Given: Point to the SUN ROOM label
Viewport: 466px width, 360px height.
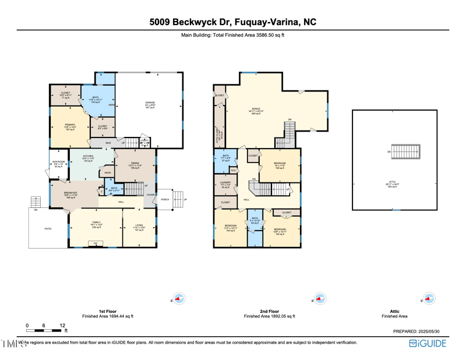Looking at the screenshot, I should tap(59, 164).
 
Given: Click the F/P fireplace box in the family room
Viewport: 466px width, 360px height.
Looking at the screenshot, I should tap(96, 243).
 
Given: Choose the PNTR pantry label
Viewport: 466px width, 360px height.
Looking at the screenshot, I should tap(107, 173).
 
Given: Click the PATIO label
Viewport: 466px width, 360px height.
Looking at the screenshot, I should tap(48, 229).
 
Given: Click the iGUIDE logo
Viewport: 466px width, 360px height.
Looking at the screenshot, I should tap(428, 344).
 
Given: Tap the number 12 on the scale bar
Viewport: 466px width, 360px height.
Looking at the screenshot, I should tap(62, 326).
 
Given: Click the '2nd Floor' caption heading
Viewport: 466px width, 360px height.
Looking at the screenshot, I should tap(269, 311).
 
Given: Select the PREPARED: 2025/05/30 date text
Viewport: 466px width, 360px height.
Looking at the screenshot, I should tap(420, 331).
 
